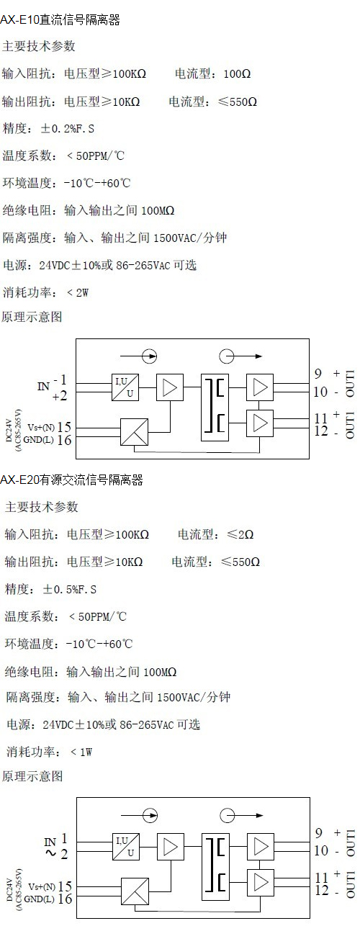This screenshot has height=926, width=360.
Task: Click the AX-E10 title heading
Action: pyautogui.click(x=60, y=20)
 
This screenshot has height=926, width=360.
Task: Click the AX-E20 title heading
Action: pyautogui.click(x=72, y=480)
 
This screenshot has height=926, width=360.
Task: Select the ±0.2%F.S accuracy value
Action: pyautogui.click(x=68, y=129)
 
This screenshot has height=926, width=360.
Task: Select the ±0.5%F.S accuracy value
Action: pyautogui.click(x=69, y=589)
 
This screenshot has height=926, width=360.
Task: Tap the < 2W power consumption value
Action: pyautogui.click(x=77, y=292)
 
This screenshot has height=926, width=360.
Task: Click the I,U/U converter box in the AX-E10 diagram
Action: pyautogui.click(x=125, y=387)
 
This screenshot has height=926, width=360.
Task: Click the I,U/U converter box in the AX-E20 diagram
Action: pyautogui.click(x=126, y=846)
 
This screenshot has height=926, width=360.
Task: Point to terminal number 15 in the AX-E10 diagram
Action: pyautogui.click(x=65, y=426)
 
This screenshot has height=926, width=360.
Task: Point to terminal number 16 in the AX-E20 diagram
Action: pyautogui.click(x=65, y=899)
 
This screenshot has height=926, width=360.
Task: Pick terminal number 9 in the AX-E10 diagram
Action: pyautogui.click(x=318, y=374)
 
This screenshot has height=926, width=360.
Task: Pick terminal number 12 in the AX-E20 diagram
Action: pyautogui.click(x=322, y=890)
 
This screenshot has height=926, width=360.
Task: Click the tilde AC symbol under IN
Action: pyautogui.click(x=50, y=853)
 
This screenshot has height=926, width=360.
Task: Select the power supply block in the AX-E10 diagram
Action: pyautogui.click(x=135, y=432)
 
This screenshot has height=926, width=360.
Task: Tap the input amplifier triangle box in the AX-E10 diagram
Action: pyautogui.click(x=170, y=387)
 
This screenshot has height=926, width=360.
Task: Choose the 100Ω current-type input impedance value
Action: pyautogui.click(x=238, y=74)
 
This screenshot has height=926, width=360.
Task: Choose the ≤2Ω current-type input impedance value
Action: pyautogui.click(x=240, y=534)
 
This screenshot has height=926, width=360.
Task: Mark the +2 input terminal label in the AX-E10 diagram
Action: pyautogui.click(x=60, y=397)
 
